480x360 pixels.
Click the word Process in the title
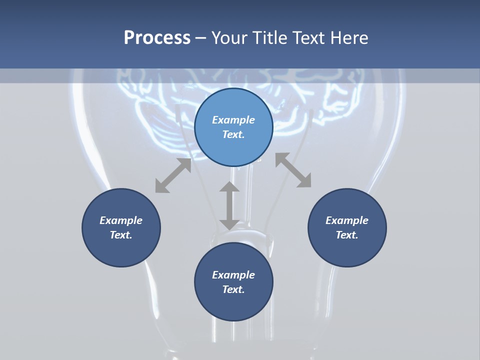click(157, 38)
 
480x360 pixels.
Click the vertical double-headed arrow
click(229, 205)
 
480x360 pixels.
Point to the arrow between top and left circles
click(173, 175)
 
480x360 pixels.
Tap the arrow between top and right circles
click(293, 170)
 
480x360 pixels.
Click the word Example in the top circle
click(233, 120)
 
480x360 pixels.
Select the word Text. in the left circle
click(121, 235)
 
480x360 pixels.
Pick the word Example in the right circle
click(347, 220)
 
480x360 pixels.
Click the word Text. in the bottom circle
click(233, 289)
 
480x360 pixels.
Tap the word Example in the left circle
click(121, 220)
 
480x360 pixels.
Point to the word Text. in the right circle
click(347, 235)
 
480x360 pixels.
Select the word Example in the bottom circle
click(233, 275)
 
